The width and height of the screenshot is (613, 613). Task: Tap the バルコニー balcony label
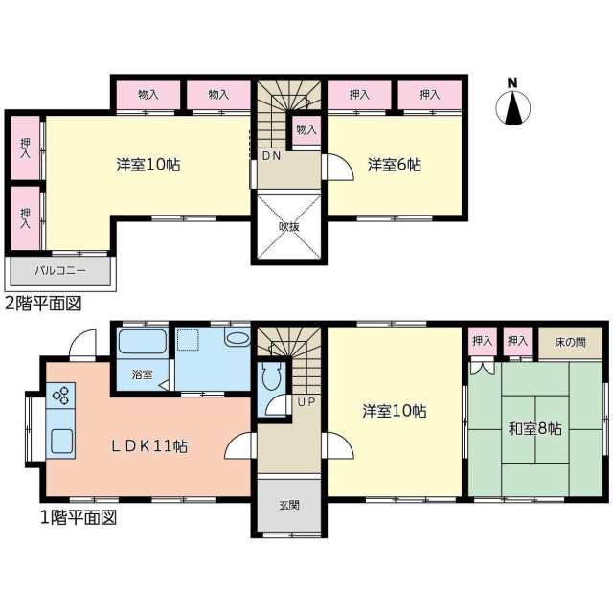click(x=60, y=271)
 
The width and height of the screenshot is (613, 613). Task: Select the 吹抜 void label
click(x=289, y=227)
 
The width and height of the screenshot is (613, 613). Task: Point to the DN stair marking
click(x=271, y=155)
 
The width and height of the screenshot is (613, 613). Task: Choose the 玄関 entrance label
click(x=289, y=504)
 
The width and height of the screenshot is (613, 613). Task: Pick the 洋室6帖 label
click(x=394, y=165)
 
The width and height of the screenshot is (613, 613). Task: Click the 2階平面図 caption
click(x=43, y=304)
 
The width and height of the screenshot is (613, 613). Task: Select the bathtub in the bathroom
click(x=143, y=343)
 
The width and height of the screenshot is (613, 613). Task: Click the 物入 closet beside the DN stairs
click(x=306, y=130)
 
